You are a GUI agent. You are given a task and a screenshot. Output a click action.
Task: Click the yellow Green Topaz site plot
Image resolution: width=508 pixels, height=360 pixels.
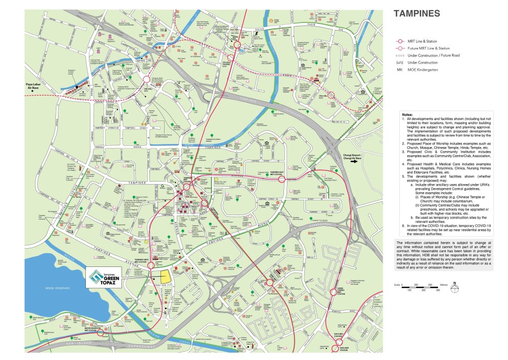click(165, 277)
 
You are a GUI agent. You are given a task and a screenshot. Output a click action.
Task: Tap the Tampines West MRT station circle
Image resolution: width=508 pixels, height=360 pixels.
click(151, 265)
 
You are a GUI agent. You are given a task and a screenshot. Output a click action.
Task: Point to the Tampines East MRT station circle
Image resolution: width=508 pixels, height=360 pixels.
click(281, 179)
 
